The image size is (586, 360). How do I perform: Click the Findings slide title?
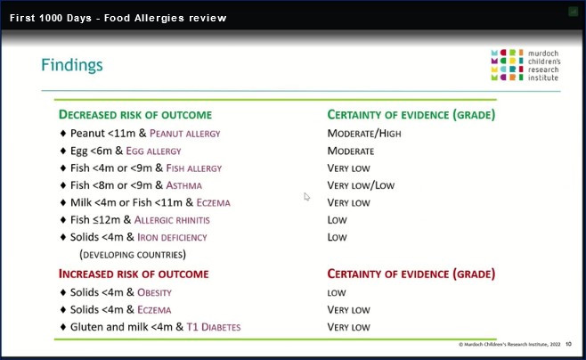click(72, 65)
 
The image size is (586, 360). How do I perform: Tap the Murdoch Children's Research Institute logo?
click(525, 65)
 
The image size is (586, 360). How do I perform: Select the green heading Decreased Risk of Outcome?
click(135, 114)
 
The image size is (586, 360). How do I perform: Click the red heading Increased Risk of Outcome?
click(134, 274)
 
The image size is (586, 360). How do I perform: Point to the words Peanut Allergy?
click(185, 134)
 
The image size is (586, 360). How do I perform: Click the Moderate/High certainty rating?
click(364, 134)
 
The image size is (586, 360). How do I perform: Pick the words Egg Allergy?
click(153, 151)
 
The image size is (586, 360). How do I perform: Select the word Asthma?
click(183, 185)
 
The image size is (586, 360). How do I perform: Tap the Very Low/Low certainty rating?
click(361, 185)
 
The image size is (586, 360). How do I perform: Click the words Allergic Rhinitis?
click(172, 220)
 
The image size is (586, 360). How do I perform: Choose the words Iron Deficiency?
click(172, 237)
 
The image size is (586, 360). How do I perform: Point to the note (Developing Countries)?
click(133, 255)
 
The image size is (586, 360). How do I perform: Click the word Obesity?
click(154, 292)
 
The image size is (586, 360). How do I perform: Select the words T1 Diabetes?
click(214, 327)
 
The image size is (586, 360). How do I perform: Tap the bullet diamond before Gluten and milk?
click(63, 327)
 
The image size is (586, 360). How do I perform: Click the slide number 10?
click(568, 344)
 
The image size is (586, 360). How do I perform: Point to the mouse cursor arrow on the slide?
click(307, 197)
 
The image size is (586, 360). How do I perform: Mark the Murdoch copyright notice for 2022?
click(509, 344)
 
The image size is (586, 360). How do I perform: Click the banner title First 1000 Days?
click(51, 18)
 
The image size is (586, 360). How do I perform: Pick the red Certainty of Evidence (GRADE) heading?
click(411, 274)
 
